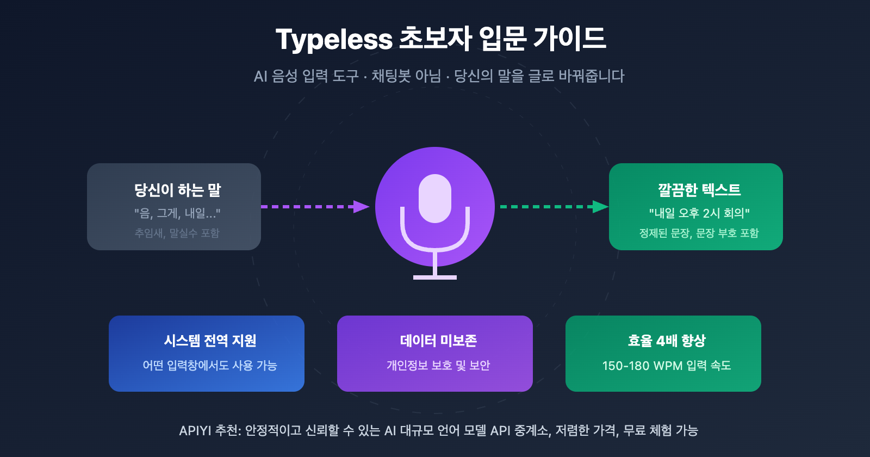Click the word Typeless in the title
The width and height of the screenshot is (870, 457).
(334, 39)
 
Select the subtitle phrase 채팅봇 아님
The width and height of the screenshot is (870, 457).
(406, 76)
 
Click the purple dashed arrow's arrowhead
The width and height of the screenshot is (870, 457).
(362, 207)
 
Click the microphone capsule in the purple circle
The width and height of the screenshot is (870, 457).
(435, 198)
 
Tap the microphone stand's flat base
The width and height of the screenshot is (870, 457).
(435, 277)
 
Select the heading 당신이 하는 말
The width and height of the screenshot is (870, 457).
(177, 190)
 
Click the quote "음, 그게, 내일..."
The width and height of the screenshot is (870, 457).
(177, 213)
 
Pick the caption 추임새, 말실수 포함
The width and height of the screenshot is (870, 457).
(177, 233)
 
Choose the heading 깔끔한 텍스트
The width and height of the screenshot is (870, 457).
(699, 190)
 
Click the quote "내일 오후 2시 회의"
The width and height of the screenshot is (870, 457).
(699, 213)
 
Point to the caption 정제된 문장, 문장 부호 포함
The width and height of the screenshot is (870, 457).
(699, 233)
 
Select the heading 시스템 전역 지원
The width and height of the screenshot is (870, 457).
(210, 341)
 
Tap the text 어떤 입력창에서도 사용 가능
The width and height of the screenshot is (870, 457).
(210, 365)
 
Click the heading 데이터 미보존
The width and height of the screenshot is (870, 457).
(438, 341)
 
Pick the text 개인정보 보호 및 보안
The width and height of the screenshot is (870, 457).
(438, 365)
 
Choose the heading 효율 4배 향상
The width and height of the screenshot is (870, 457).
(667, 341)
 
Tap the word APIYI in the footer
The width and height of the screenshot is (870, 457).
(195, 430)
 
